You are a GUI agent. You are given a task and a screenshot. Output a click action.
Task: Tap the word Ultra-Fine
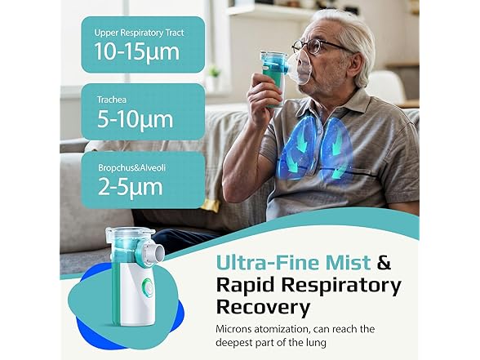pos(258,264)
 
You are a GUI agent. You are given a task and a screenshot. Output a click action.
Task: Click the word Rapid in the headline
pos(244,286)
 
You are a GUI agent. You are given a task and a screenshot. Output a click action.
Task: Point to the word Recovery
pos(263,308)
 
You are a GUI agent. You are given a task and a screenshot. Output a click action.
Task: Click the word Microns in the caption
pos(238,329)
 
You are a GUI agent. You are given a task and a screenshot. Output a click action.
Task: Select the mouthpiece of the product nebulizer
pos(165,244)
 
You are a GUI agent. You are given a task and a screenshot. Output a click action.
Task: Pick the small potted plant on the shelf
pos(216,78)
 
